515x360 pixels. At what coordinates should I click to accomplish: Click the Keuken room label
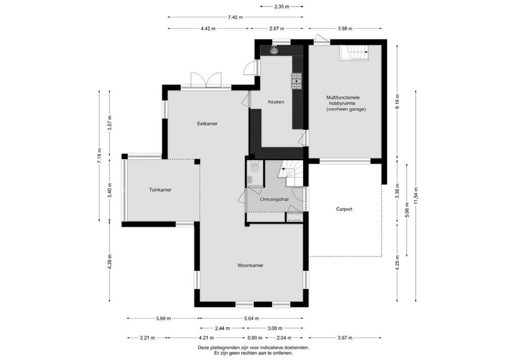[276, 102]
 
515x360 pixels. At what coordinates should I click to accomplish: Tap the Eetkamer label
[207, 124]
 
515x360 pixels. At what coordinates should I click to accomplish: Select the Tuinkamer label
[160, 190]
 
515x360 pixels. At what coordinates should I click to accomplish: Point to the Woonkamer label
[250, 265]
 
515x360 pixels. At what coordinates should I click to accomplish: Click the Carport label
[344, 209]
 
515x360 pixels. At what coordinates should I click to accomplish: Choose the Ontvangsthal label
[274, 199]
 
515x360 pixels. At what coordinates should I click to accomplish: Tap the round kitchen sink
[273, 50]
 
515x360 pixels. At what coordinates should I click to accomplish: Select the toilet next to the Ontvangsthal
[254, 168]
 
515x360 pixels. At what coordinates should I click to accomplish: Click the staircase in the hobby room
[354, 52]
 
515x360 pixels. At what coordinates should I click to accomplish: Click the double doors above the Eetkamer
[206, 80]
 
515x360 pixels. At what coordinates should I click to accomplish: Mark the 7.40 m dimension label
[235, 17]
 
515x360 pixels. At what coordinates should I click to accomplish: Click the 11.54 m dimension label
[416, 196]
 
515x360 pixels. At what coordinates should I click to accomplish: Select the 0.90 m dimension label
[255, 338]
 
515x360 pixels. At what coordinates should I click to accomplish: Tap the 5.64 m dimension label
[251, 318]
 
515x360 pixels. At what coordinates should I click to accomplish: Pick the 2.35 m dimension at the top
[281, 6]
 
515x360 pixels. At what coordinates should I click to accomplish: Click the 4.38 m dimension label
[109, 262]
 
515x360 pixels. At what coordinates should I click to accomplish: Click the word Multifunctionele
[343, 97]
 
